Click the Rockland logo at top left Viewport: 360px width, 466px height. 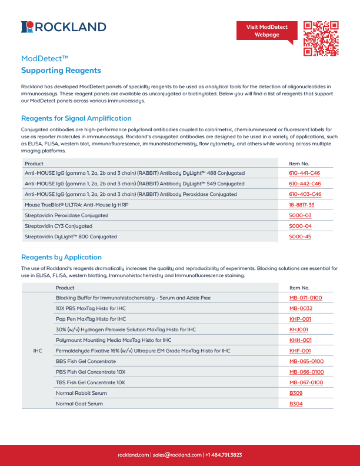coord(64,26)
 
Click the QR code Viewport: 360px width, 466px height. coord(321,38)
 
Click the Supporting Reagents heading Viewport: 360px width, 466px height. coord(61,71)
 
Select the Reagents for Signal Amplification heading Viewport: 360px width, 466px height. coord(76,118)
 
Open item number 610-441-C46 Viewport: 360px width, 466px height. coord(305,173)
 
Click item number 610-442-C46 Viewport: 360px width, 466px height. coord(305,184)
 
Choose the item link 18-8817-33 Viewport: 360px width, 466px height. coord(302,205)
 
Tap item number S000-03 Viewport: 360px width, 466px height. coord(300,215)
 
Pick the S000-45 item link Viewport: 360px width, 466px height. coord(300,237)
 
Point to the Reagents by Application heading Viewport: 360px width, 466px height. coord(61,257)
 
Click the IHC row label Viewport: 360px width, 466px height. coord(38,351)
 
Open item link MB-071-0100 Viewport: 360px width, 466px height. coord(306,298)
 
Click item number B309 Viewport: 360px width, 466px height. coord(296,393)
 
